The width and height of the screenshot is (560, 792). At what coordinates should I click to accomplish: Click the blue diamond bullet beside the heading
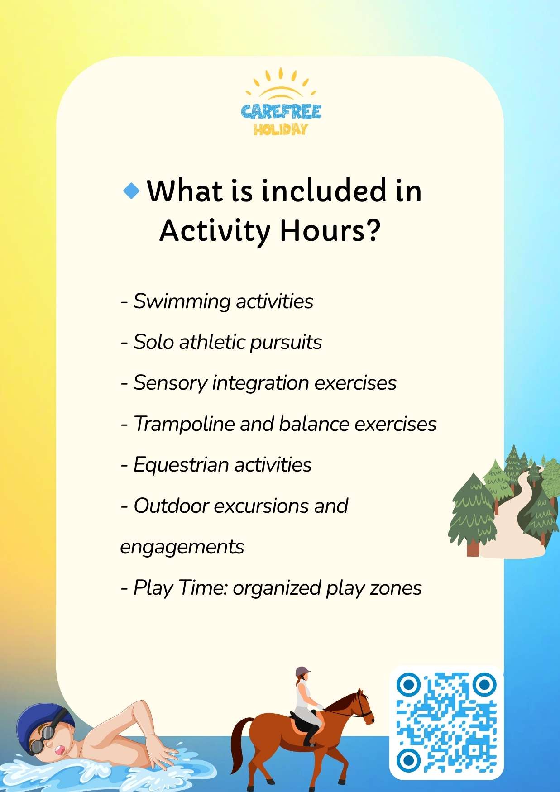click(x=131, y=191)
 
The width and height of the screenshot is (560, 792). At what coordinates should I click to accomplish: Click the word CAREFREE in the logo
click(x=281, y=111)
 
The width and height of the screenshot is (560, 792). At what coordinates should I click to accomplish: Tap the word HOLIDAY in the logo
click(x=281, y=129)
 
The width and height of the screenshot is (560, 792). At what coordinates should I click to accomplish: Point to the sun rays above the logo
click(x=281, y=84)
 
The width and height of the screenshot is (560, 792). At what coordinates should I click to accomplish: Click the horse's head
click(x=363, y=706)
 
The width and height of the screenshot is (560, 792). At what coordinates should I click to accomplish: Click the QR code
click(x=446, y=722)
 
